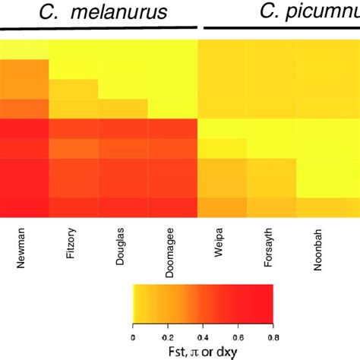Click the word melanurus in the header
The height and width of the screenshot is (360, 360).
pyautogui.click(x=141, y=11)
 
